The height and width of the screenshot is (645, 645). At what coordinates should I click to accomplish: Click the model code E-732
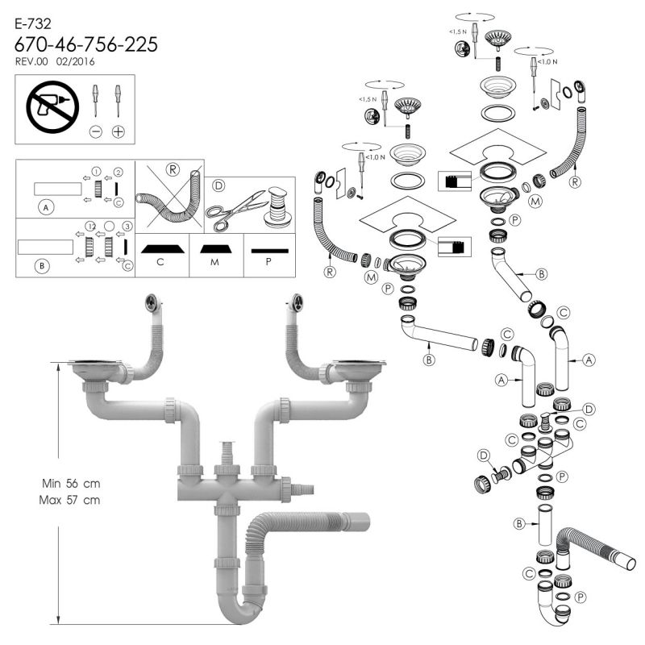click(33, 24)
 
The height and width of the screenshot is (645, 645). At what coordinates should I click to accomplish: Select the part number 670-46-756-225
click(86, 44)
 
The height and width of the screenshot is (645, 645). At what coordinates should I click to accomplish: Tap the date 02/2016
click(75, 62)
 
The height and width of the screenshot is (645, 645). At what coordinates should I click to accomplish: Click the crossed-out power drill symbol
click(52, 107)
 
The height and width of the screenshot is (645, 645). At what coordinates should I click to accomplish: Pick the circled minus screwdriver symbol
click(96, 132)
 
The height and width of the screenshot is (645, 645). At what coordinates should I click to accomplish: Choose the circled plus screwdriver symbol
click(119, 132)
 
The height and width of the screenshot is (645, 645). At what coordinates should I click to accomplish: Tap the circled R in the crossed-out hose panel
click(173, 169)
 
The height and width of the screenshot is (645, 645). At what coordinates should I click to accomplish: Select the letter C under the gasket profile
click(160, 262)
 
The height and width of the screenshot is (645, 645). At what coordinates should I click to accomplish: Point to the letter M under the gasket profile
click(214, 262)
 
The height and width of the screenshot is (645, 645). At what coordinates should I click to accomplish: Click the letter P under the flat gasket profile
click(268, 261)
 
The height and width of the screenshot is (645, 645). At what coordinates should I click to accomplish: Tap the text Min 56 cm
click(71, 483)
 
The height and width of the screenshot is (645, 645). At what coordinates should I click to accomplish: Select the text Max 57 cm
click(69, 500)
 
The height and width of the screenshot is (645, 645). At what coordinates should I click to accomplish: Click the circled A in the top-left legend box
click(46, 207)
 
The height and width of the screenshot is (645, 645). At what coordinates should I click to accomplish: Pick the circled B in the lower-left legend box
click(42, 266)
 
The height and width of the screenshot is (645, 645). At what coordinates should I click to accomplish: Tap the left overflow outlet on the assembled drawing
click(152, 303)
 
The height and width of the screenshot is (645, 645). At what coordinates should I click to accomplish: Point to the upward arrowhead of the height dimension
click(58, 367)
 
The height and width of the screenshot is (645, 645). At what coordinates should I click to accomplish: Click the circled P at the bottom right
click(580, 597)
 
